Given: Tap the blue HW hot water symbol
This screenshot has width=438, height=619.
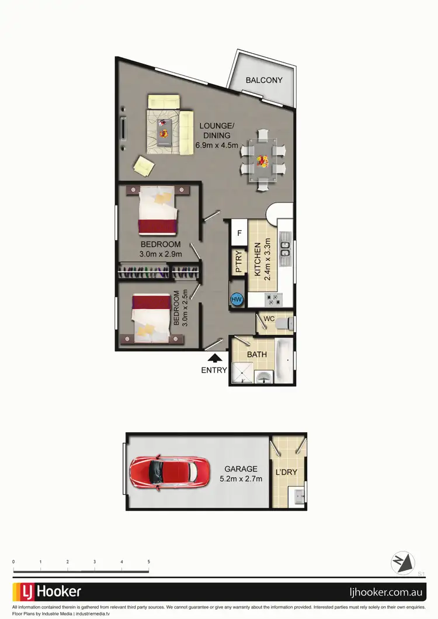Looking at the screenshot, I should (237, 300).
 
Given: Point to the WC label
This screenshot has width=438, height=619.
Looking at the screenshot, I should (269, 319).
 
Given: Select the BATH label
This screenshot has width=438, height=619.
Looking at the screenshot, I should (257, 354).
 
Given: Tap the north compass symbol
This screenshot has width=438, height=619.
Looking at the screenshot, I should (403, 563).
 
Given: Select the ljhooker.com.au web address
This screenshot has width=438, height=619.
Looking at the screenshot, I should (385, 592).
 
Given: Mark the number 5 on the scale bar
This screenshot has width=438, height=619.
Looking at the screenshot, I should (149, 562).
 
